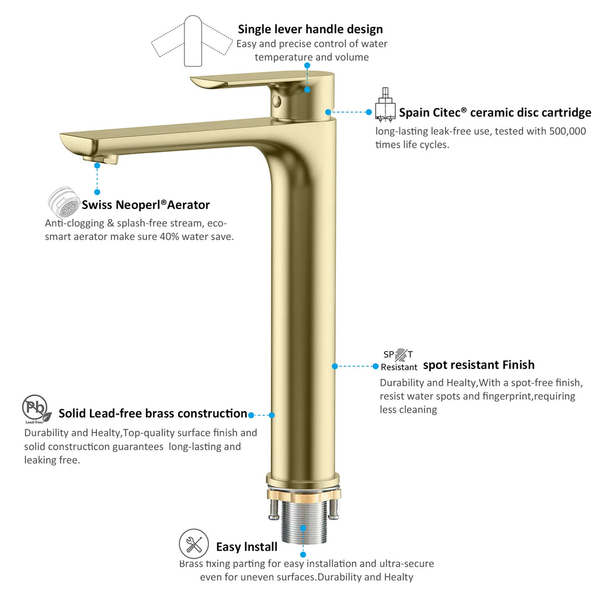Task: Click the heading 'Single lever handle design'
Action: coord(310,29)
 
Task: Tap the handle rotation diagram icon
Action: coord(192,41)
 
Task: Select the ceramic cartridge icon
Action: coord(385,105)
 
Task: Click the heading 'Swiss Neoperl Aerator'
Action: coord(145,205)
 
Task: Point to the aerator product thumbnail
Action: coord(64,201)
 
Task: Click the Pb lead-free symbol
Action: coord(37,409)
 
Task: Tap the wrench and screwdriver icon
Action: coord(194,544)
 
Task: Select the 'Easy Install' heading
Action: coord(247,547)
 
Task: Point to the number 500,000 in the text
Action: coord(568,131)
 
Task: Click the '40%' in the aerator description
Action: coord(169,237)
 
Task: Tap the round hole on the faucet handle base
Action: coord(277,102)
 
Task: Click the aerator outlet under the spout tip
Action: coord(100,159)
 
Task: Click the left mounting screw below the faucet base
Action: coord(274,509)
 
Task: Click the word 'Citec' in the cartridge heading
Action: coord(447,113)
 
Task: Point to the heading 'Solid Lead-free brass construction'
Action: coord(153,413)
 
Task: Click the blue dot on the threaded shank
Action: coord(303,528)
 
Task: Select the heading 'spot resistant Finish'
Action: coord(479,365)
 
